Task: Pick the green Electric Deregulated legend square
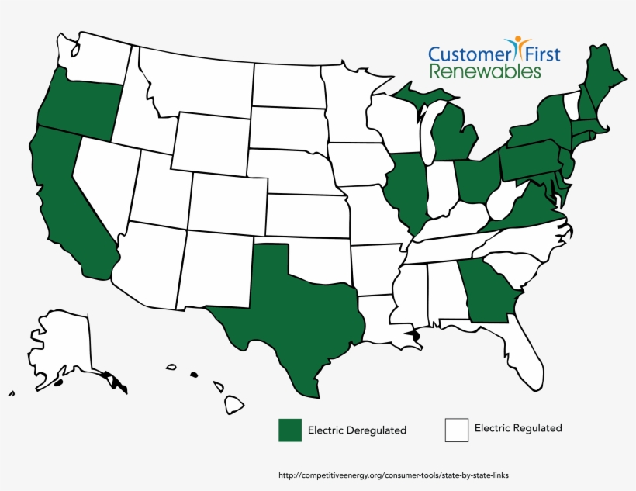click(290, 430)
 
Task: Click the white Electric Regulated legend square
click(457, 430)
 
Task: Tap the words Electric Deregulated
click(357, 430)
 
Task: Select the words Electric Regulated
click(518, 428)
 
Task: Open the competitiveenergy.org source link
click(392, 475)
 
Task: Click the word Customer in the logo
click(469, 54)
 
